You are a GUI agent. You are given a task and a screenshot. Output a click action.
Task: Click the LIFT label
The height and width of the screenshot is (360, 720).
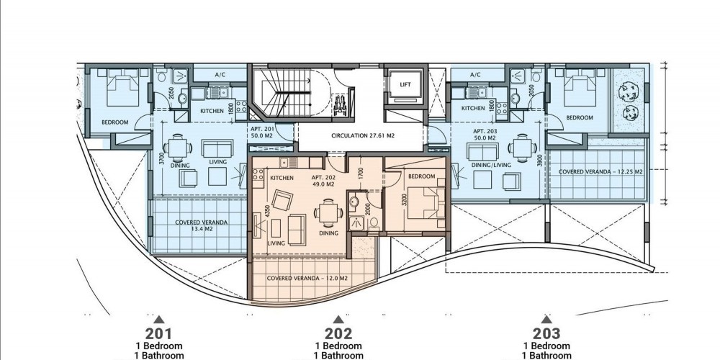point(405,84)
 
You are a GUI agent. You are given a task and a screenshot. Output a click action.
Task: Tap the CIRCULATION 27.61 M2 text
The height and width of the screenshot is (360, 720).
point(363,136)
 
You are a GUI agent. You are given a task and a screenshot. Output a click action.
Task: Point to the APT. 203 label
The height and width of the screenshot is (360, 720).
point(485,131)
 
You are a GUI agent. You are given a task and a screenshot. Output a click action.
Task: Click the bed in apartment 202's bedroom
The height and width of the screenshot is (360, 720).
point(428,202)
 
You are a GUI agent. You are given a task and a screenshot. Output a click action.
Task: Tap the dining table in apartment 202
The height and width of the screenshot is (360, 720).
point(328,212)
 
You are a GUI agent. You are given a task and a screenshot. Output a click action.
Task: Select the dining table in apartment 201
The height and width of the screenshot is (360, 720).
point(178,148)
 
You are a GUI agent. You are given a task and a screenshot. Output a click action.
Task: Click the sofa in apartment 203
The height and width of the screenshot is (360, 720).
point(482,151)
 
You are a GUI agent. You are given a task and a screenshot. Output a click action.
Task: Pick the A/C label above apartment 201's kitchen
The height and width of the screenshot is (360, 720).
point(220,75)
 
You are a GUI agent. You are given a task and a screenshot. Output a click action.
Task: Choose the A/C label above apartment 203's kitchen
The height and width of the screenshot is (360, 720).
point(475,75)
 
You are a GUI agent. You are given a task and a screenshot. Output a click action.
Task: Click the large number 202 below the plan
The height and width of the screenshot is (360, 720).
point(338,333)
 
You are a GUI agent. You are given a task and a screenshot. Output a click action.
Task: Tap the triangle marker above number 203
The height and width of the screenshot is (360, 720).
point(546,319)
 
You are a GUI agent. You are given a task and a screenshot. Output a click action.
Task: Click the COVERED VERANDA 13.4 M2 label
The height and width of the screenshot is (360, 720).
point(201,225)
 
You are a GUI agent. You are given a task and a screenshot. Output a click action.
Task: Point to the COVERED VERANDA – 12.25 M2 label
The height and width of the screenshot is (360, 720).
point(600,172)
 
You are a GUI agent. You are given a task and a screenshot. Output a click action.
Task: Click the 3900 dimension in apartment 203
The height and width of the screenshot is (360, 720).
point(539,161)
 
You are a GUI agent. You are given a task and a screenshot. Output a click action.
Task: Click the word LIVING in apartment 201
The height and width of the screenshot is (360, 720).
point(217,161)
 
